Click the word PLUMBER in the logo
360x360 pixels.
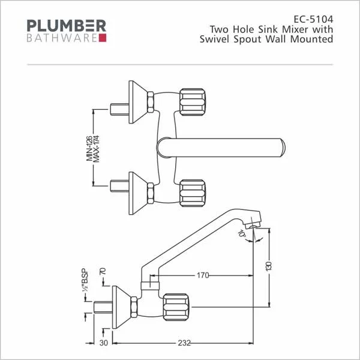point(67,26)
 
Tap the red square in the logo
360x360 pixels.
point(102,38)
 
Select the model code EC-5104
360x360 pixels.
point(314,18)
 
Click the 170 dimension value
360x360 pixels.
point(203,275)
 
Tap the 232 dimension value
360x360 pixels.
point(184,343)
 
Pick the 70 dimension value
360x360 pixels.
point(103,271)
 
